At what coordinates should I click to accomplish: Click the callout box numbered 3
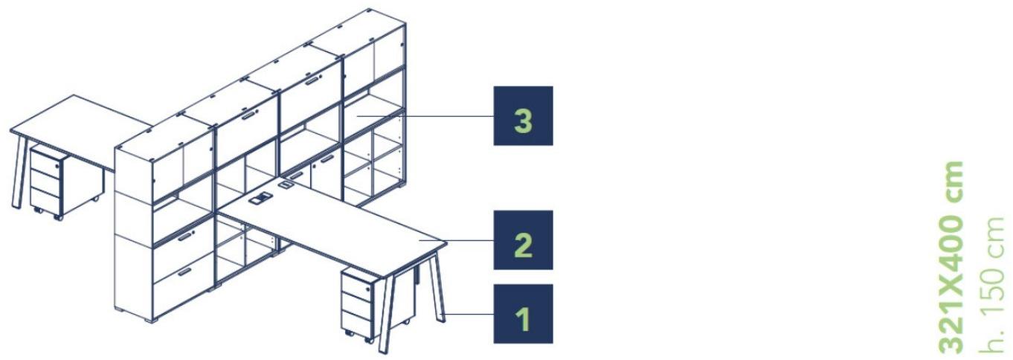(523, 116)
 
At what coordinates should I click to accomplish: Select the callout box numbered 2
(523, 240)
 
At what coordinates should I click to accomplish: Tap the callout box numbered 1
(523, 313)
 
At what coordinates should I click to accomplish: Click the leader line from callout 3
(425, 116)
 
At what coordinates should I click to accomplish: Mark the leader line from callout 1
(467, 313)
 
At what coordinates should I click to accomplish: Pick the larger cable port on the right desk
(260, 198)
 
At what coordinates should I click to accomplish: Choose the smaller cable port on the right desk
(286, 184)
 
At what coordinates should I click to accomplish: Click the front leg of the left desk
(19, 171)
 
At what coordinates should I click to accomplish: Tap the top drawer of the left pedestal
(45, 164)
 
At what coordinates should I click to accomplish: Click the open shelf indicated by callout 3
(372, 112)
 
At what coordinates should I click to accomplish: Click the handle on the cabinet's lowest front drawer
(184, 271)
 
